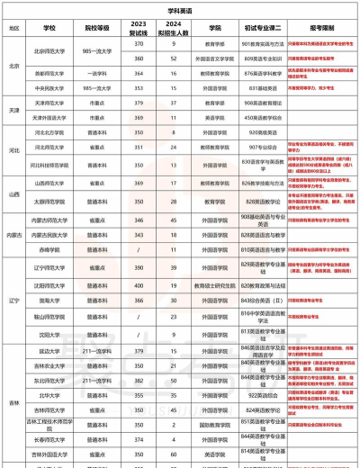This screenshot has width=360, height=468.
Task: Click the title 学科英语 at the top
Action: tap(180, 7)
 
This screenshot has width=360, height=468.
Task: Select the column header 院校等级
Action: tap(95, 28)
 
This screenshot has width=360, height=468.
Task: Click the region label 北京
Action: tap(13, 66)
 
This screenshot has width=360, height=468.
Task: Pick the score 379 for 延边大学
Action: tap(138, 350)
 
